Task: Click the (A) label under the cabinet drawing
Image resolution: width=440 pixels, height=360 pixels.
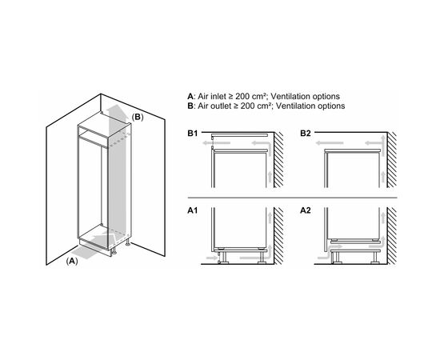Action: tap(72, 261)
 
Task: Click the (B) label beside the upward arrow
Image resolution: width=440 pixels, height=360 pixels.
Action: tap(138, 117)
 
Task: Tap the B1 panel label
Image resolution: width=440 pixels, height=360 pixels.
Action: tap(193, 134)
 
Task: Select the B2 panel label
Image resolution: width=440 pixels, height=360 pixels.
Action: tap(306, 134)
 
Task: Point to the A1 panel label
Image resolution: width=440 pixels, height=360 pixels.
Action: tap(193, 210)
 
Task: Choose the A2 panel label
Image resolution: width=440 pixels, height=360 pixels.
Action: tap(306, 210)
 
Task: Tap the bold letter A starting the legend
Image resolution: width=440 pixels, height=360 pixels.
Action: tap(190, 96)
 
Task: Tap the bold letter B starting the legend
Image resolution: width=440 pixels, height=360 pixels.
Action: tap(190, 106)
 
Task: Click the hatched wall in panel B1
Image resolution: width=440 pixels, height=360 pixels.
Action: tap(278, 160)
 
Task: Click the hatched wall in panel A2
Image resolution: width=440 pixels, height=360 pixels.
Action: tap(392, 236)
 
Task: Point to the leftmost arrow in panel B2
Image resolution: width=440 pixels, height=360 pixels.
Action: tap(330, 143)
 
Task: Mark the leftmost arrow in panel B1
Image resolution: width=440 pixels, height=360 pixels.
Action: tap(211, 143)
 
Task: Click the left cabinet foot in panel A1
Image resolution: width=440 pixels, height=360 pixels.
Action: tap(224, 258)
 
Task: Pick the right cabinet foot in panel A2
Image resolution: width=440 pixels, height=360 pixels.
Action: tap(375, 258)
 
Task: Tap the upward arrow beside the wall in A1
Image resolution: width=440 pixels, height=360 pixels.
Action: tap(270, 218)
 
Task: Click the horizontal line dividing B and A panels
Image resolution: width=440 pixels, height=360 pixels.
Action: tap(292, 198)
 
